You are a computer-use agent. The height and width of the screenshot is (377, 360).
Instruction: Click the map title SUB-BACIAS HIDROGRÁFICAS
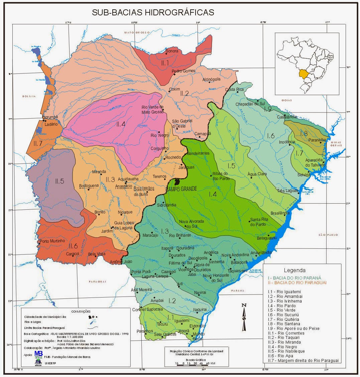click(x=153, y=13)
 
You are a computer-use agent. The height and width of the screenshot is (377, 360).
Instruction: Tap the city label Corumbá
click(x=50, y=118)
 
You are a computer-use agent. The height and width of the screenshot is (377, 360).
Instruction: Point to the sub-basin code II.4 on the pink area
click(x=121, y=124)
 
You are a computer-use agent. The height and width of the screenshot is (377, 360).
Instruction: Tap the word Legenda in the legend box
click(x=294, y=270)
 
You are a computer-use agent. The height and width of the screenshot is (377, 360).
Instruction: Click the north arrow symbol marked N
click(x=244, y=317)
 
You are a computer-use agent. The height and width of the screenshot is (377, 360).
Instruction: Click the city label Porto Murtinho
click(x=52, y=241)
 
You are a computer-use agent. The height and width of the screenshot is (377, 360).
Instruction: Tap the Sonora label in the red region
click(x=172, y=51)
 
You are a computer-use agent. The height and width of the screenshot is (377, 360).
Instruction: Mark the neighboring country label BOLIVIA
click(x=29, y=96)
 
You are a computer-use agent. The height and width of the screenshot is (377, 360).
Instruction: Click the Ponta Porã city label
click(x=141, y=272)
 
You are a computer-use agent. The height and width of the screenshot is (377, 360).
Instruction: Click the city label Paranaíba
click(x=315, y=140)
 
